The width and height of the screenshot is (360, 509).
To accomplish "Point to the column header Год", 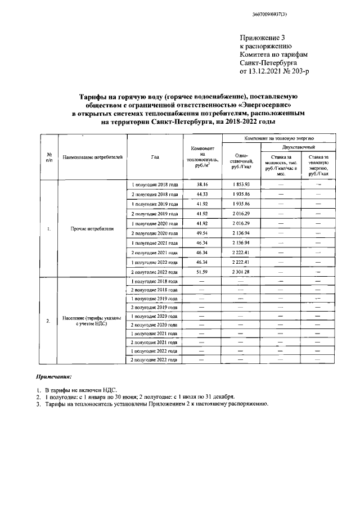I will [155, 157].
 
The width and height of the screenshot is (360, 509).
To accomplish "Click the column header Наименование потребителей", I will [93, 157].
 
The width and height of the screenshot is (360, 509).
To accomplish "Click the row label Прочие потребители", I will [93, 229].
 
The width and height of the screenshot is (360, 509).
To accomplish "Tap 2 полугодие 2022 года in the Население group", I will [155, 359].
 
